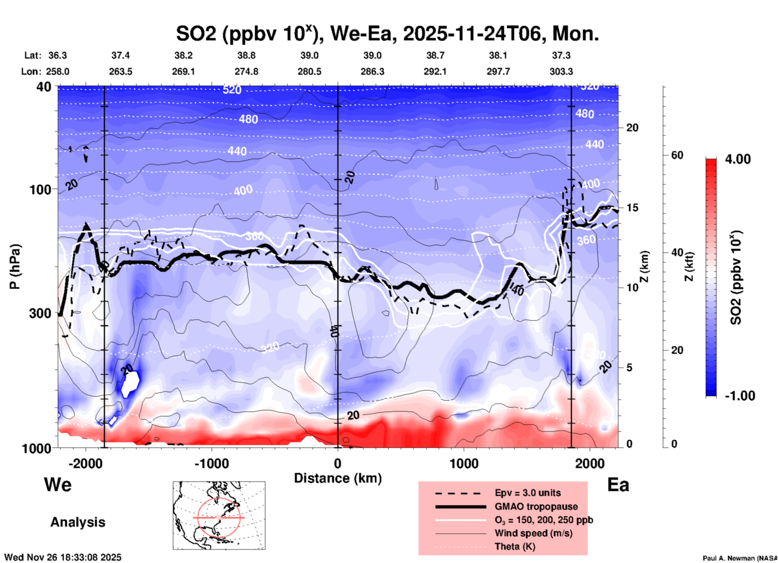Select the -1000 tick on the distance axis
[212, 463]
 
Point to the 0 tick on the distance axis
[338, 463]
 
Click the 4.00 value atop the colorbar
[738, 159]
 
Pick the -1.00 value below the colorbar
[740, 395]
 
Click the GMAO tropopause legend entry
[536, 506]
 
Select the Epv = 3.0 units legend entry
[528, 493]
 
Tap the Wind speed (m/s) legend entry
[533, 533]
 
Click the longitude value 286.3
[372, 72]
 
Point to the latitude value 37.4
[120, 55]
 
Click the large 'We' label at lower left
[58, 485]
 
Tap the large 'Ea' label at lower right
[618, 485]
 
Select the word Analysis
[78, 522]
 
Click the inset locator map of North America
[219, 515]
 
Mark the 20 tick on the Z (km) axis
[632, 128]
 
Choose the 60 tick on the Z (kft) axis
[677, 155]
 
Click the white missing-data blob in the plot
[131, 384]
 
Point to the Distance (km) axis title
[338, 478]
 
